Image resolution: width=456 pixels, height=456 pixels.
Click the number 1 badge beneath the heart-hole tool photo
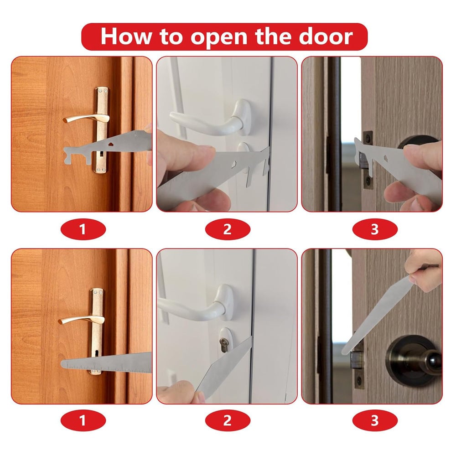[83, 229]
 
